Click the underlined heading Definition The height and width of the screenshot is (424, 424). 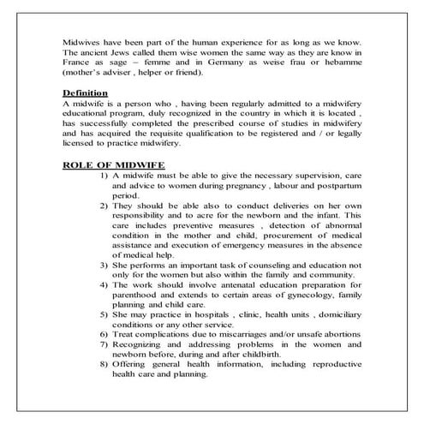(x=85, y=92)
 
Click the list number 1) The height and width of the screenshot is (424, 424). (x=104, y=174)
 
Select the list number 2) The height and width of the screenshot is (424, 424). (x=104, y=206)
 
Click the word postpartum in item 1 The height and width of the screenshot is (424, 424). (x=339, y=184)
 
